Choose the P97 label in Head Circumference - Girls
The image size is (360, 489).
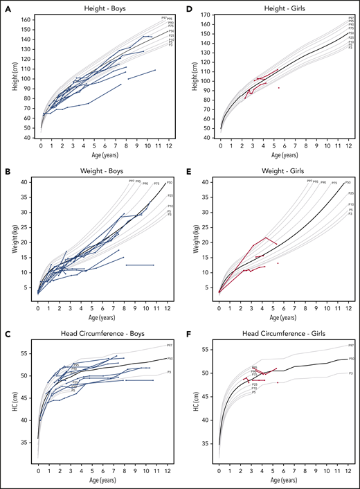click(x=352, y=345)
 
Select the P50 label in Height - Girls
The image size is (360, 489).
click(x=351, y=32)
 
